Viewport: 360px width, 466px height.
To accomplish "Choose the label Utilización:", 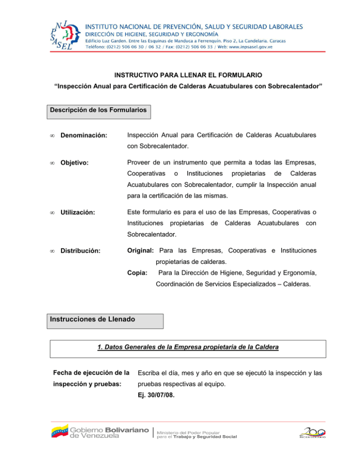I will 78,212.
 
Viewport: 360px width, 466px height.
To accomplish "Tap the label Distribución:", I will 80,250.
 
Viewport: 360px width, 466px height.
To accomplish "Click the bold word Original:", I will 140,250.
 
